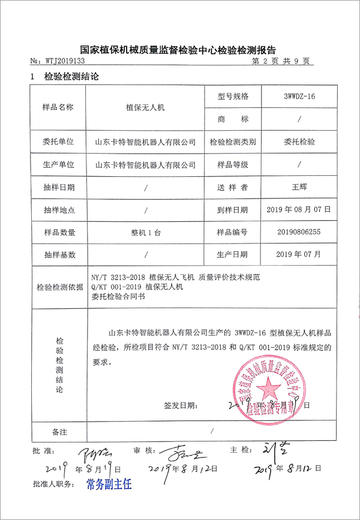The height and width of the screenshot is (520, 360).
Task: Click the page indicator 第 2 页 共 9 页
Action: pyautogui.click(x=281, y=61)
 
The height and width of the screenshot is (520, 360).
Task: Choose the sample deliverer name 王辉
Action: pyautogui.click(x=298, y=187)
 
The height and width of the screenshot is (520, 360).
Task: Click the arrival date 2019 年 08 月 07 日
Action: pyautogui.click(x=298, y=209)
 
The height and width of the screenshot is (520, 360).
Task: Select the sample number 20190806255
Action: pyautogui.click(x=298, y=232)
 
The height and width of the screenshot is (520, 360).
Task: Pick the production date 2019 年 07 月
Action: pyautogui.click(x=298, y=254)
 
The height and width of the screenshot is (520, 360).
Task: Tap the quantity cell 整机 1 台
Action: pyautogui.click(x=146, y=232)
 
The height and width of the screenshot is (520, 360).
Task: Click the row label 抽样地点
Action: pyautogui.click(x=59, y=209)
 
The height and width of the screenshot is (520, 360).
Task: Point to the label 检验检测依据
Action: pyautogui.click(x=59, y=287)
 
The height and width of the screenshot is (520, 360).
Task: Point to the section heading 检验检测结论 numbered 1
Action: pyautogui.click(x=71, y=77)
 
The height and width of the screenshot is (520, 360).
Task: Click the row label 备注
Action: pyautogui.click(x=59, y=431)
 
